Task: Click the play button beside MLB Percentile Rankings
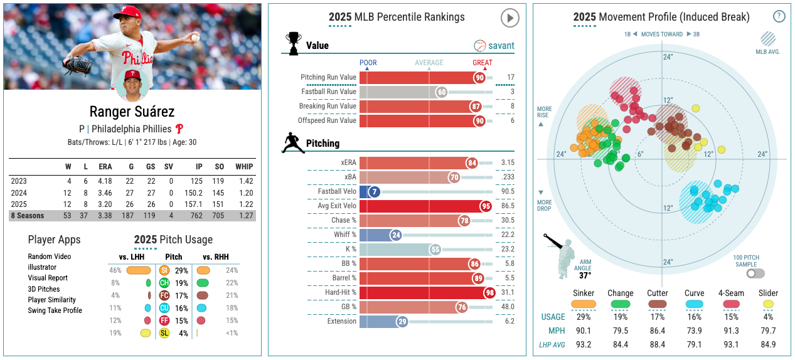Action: (510, 18)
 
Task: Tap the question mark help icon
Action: (779, 16)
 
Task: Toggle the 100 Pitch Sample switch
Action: (755, 273)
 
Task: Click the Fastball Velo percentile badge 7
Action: (375, 191)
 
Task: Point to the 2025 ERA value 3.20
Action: (105, 204)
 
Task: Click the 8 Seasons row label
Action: (27, 216)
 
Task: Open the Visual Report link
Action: (48, 278)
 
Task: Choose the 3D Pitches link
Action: (44, 289)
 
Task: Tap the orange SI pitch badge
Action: (164, 270)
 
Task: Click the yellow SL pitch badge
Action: (164, 333)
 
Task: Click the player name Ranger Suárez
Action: (132, 112)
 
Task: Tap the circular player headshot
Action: (132, 85)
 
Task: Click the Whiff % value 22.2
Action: (508, 235)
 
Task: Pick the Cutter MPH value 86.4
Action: (657, 331)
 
